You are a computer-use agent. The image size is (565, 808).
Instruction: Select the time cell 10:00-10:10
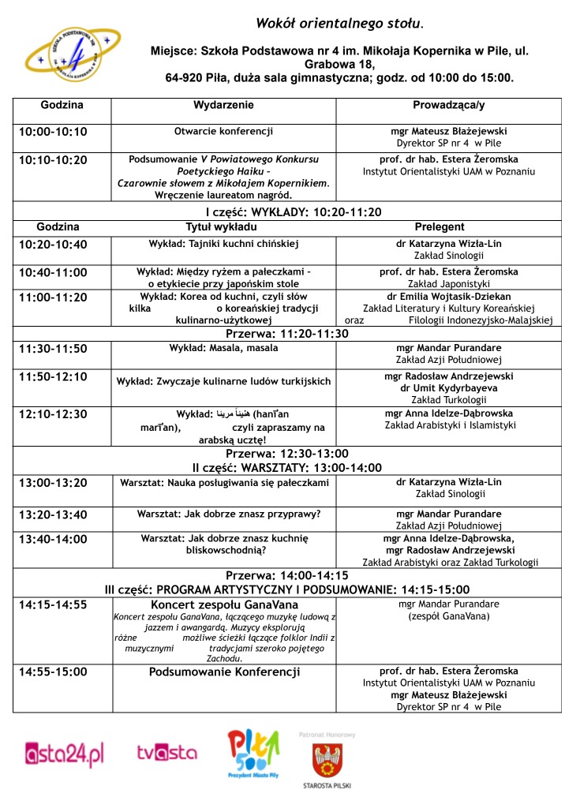53,132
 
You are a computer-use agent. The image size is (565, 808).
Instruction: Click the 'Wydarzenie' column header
223,105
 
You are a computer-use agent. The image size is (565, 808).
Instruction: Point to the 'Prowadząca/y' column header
448,105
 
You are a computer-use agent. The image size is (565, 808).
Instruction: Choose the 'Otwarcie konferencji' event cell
223,131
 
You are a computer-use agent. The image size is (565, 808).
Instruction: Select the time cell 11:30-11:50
53,348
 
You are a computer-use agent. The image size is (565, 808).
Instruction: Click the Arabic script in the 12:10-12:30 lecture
236,413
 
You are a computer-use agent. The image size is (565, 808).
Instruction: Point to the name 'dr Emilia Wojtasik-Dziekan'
448,297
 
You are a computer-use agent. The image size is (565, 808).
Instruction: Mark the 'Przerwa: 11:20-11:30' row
287,333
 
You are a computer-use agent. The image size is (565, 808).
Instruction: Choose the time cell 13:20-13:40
53,514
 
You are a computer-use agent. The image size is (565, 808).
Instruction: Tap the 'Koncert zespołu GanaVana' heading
224,604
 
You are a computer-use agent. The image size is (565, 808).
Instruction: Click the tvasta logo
167,754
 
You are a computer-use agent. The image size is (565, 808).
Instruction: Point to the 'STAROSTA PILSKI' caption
326,786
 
